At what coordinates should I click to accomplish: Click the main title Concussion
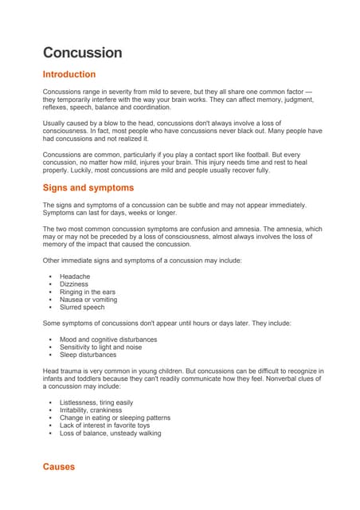point(82,53)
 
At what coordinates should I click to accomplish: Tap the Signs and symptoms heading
point(88,188)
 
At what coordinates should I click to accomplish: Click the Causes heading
point(59,467)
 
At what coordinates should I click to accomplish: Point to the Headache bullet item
point(74,277)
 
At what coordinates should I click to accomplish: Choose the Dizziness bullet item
point(74,284)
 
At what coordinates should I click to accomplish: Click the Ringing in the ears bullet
point(87,292)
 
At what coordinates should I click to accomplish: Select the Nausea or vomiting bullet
point(87,300)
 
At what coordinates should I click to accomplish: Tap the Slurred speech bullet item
point(81,307)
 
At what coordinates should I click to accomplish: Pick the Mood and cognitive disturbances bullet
point(108,339)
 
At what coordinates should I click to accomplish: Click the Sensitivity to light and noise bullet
point(100,347)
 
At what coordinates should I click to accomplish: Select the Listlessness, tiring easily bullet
point(96,402)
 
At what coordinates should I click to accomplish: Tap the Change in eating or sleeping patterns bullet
point(115,418)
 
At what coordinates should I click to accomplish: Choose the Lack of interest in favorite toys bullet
point(104,426)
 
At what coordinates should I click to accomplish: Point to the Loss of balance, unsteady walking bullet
point(110,433)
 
